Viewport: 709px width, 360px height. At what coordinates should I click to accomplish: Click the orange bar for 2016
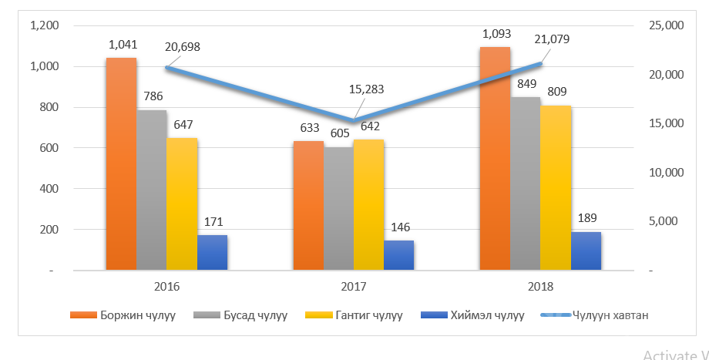[121, 163]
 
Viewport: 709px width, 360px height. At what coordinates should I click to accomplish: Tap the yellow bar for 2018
[556, 187]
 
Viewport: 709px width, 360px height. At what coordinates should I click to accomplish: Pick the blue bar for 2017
[398, 255]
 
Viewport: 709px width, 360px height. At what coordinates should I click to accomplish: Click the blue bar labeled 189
[586, 251]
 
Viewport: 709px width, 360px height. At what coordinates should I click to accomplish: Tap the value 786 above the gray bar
[152, 97]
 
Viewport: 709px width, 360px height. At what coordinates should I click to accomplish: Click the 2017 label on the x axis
[354, 286]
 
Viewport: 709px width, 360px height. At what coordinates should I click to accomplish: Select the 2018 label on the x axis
[540, 286]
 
